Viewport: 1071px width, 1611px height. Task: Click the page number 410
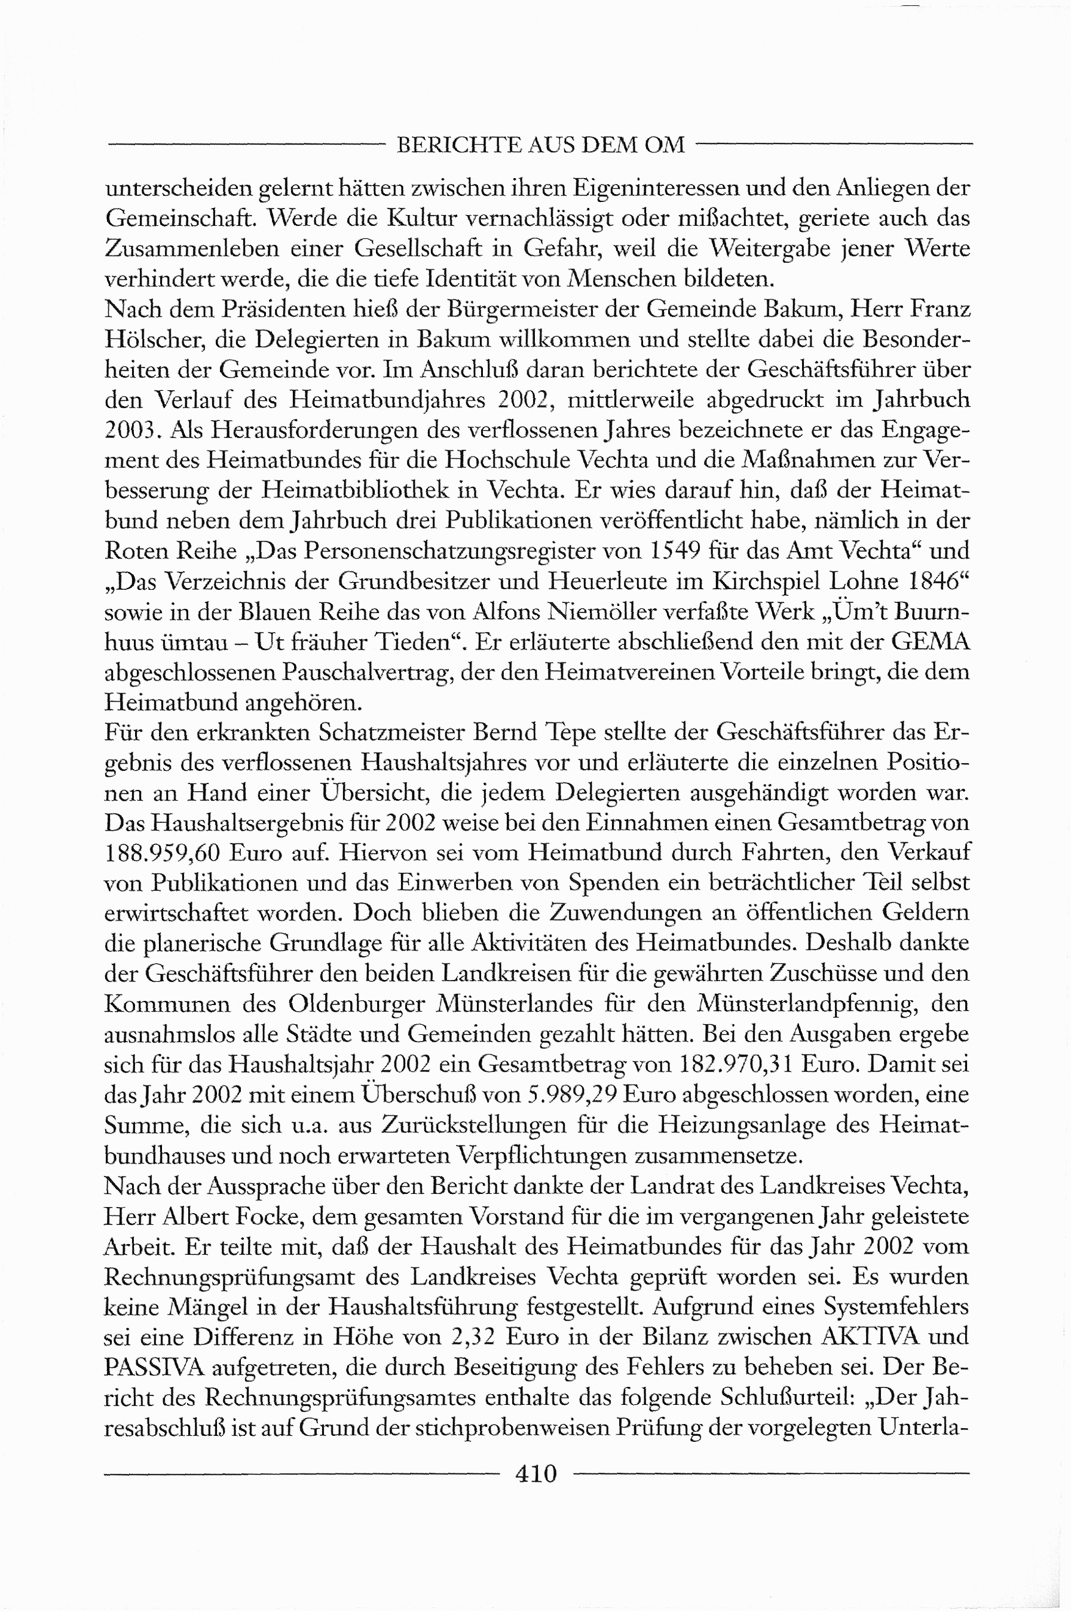pos(536,1474)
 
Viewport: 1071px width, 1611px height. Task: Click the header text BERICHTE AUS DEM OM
pos(540,145)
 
